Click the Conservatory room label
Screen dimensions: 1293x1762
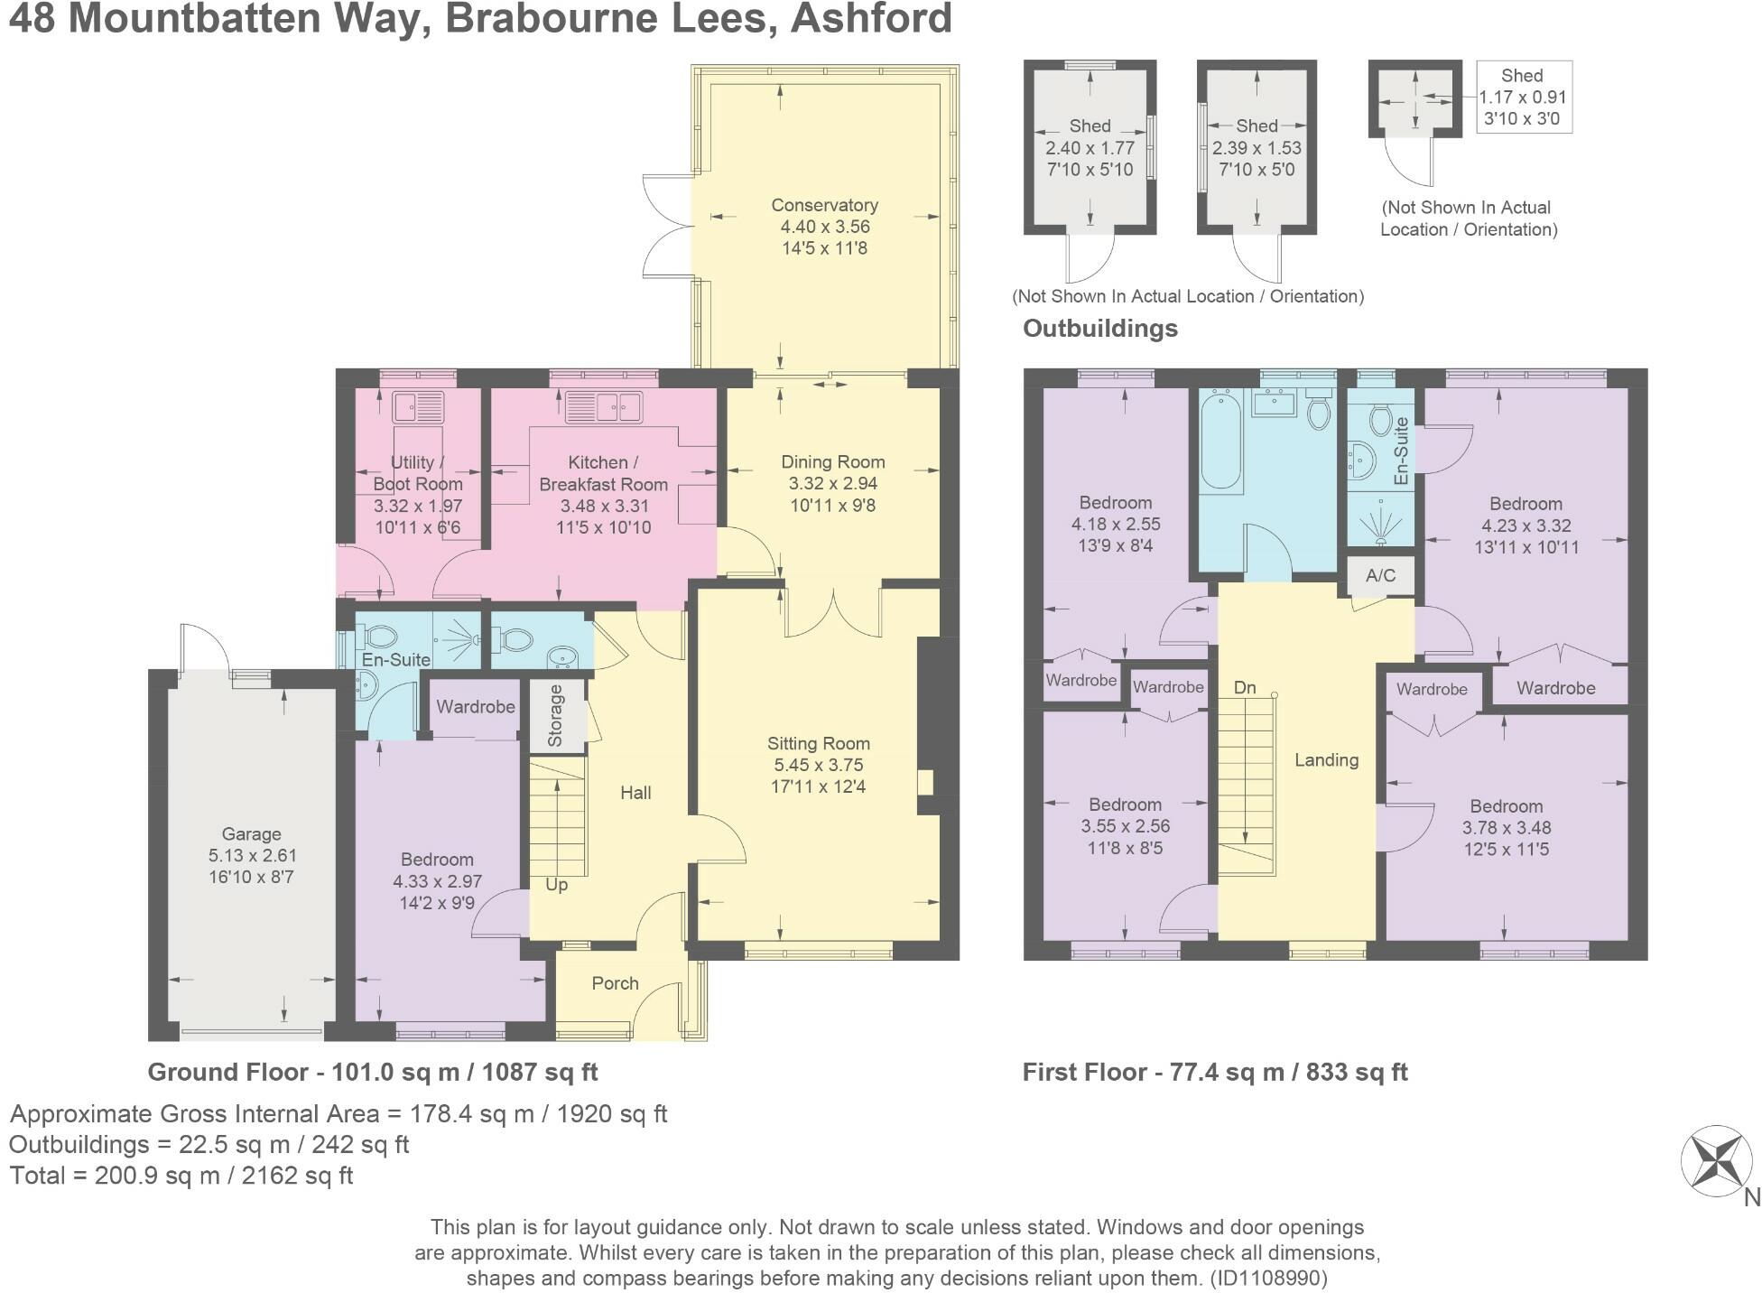tap(824, 205)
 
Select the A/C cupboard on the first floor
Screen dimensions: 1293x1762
tap(1380, 575)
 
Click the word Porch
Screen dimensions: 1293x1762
tap(615, 983)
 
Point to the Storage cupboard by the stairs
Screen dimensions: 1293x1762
tap(555, 716)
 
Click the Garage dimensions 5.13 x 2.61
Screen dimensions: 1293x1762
tap(252, 855)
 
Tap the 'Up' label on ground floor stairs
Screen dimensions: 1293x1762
tap(556, 884)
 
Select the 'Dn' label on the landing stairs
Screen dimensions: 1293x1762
tap(1245, 687)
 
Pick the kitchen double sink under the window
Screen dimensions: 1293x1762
tap(603, 407)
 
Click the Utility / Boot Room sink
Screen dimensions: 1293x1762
tap(417, 407)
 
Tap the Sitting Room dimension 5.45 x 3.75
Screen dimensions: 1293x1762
tap(818, 765)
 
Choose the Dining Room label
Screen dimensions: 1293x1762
tap(832, 461)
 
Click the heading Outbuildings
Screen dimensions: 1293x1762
tap(1099, 328)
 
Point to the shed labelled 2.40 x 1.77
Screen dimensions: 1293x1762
tap(1090, 147)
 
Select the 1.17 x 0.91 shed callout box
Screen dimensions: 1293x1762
tap(1523, 97)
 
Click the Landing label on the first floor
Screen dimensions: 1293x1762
tap(1325, 759)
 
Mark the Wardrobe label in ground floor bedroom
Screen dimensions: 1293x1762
tap(475, 706)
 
